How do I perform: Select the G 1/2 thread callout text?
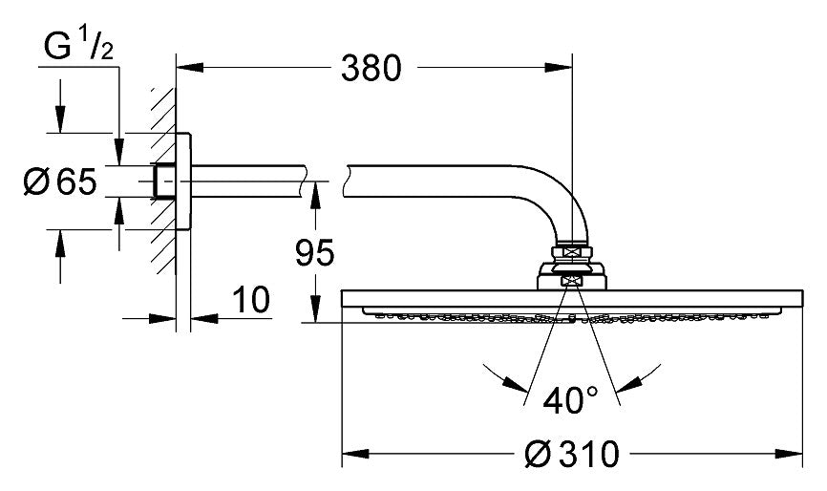(79, 45)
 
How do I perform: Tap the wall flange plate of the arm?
(186, 181)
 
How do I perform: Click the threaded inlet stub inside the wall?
(165, 181)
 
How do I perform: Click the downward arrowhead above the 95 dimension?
(312, 192)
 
